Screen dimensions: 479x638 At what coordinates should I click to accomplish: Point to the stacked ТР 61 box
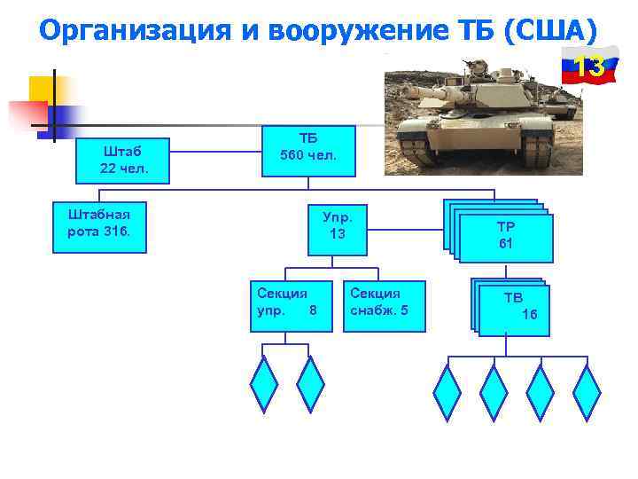point(503,235)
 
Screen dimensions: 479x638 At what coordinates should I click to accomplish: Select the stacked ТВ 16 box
point(514,310)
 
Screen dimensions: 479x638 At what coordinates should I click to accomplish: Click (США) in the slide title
point(550,31)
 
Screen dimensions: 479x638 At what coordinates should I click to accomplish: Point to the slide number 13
point(589,67)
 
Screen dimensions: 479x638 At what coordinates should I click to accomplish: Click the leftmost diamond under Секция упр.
point(264,384)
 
